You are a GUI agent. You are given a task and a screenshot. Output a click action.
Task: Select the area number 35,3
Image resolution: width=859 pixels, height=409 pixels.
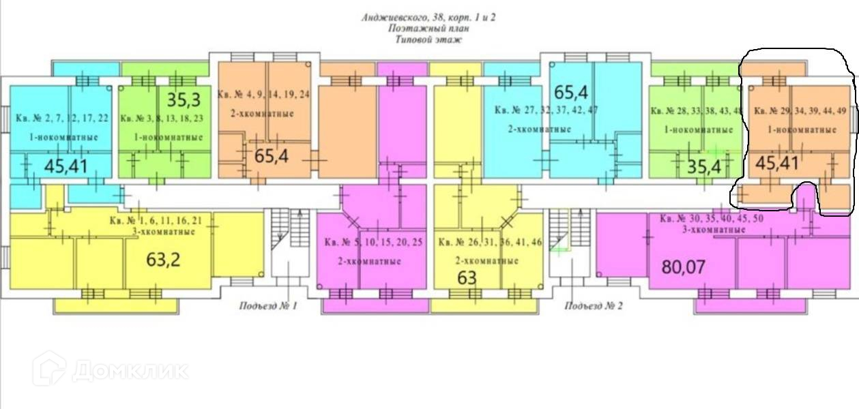[x=184, y=101]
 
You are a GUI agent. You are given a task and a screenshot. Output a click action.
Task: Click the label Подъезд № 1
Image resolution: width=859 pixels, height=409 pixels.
[x=268, y=305]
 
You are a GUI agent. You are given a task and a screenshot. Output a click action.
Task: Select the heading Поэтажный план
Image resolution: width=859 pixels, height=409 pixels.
[x=428, y=29]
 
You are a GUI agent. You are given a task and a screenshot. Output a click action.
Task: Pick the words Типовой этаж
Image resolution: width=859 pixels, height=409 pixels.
[x=428, y=40]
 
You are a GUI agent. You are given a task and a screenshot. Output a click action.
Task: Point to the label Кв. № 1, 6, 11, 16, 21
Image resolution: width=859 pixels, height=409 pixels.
[x=156, y=220]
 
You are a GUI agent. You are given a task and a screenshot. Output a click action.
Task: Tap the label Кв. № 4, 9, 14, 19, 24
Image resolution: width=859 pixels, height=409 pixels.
[x=263, y=95]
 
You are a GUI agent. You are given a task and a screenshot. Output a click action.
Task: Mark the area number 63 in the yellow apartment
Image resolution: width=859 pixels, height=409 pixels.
[x=467, y=278]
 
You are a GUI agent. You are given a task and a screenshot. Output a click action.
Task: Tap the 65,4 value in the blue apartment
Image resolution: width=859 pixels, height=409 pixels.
[x=570, y=91]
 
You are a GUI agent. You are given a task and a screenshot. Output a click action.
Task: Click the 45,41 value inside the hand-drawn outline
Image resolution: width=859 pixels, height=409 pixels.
[x=778, y=164]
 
